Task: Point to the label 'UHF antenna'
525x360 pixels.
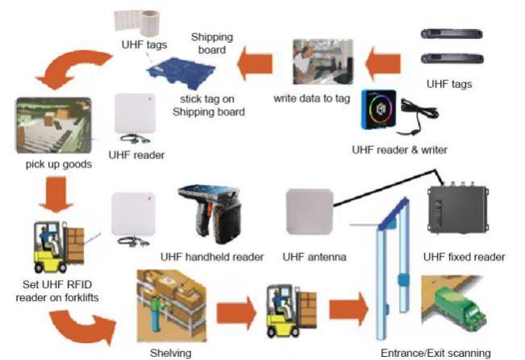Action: coord(315,257)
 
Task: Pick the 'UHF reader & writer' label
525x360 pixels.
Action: coord(399,149)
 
